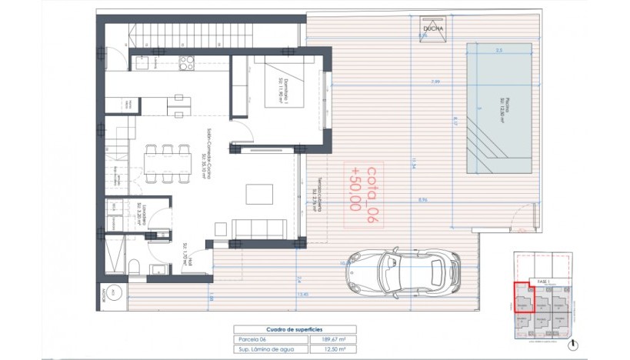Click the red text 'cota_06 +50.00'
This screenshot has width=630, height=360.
[x=364, y=188]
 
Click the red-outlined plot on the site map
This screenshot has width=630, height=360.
[x=523, y=297]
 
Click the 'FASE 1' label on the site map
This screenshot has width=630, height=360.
[x=545, y=282]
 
